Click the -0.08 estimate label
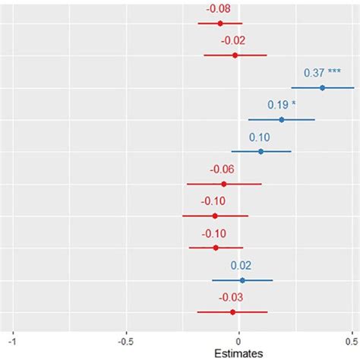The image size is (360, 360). [220, 9]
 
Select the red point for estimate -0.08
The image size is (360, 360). [220, 24]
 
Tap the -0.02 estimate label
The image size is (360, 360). [234, 41]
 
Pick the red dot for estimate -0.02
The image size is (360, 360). [235, 55]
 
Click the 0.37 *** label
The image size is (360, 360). [322, 73]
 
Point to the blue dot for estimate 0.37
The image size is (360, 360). [322, 88]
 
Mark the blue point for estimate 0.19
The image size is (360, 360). [282, 119]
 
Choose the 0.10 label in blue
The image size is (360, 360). [261, 137]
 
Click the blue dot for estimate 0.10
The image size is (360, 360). [261, 152]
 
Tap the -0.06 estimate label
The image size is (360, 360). [223, 169]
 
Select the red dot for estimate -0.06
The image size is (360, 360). [224, 184]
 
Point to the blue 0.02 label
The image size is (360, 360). [242, 266]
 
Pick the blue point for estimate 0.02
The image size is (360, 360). [242, 280]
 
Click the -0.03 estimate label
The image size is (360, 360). [232, 298]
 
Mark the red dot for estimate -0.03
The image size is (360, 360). [232, 312]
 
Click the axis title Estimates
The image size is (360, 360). [238, 352]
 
